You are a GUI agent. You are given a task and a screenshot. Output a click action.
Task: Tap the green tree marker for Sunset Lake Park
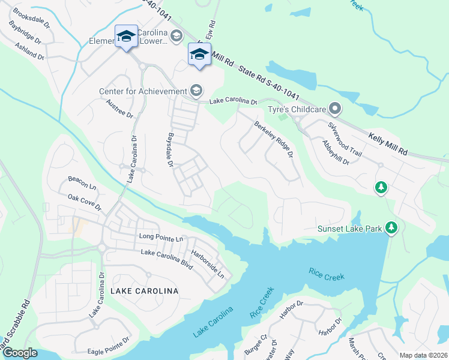[x=391, y=227]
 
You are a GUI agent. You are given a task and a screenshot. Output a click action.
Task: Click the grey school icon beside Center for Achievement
[x=196, y=91]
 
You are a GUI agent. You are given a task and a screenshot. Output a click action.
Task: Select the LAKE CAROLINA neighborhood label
[x=145, y=291]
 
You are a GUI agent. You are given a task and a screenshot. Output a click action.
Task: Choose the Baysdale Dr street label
[x=170, y=150]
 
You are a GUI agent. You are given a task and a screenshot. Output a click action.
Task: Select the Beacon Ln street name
[x=82, y=179]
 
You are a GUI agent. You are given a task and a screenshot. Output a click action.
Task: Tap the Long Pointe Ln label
[x=161, y=238]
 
